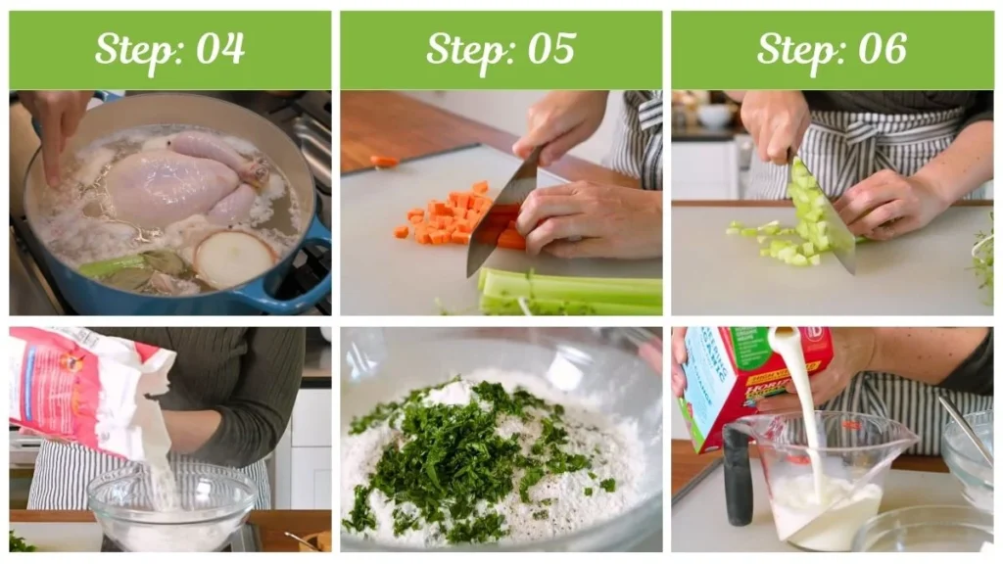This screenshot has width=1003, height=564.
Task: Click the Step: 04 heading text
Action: coord(169,49)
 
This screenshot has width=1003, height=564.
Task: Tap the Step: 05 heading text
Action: coord(501,49)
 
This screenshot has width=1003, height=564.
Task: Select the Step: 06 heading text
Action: coord(832,49)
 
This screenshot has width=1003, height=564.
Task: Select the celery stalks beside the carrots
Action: coord(568,291)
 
